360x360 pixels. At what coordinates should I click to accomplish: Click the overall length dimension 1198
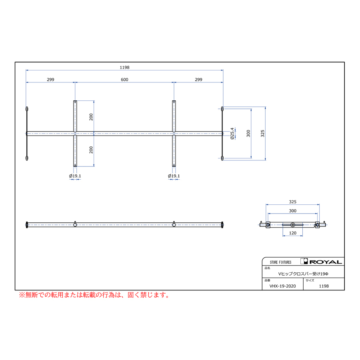(x=124, y=67)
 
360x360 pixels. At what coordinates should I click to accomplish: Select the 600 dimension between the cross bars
(x=124, y=80)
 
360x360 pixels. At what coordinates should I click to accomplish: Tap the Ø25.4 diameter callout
(x=232, y=133)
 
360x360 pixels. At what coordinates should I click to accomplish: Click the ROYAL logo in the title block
(x=322, y=262)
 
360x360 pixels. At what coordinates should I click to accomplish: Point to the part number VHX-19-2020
(x=282, y=286)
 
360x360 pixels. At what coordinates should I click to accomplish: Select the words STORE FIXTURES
(x=280, y=262)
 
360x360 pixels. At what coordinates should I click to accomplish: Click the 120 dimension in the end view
(x=292, y=233)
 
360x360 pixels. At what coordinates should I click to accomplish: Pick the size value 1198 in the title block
(x=324, y=286)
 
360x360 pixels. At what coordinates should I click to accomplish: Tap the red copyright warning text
(x=94, y=295)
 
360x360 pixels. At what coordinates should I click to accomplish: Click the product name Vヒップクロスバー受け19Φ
(x=303, y=274)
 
